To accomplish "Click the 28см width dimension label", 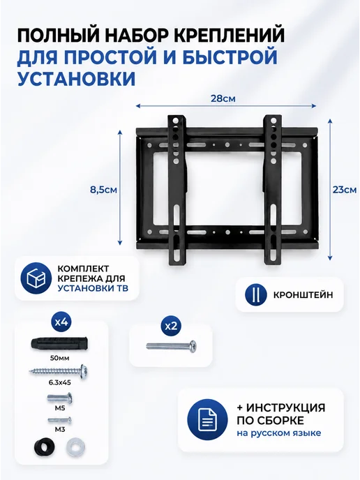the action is tap(223, 98).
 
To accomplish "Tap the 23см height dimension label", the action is tap(345, 190).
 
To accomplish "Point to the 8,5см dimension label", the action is tap(103, 190).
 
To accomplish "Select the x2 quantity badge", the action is tap(171, 326).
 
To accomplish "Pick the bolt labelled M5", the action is tap(60, 398).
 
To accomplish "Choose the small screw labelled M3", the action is tap(60, 420).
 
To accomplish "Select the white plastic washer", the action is tap(75, 448).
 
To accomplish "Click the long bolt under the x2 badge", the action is tap(172, 346).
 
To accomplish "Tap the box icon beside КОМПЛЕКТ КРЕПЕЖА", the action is tap(36, 278).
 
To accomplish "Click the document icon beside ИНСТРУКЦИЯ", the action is tap(208, 419).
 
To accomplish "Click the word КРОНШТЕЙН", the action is tap(303, 295).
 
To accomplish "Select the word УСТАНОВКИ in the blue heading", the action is tap(76, 79).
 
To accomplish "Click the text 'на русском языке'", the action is tap(278, 433).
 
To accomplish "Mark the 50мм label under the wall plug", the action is tap(61, 358).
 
